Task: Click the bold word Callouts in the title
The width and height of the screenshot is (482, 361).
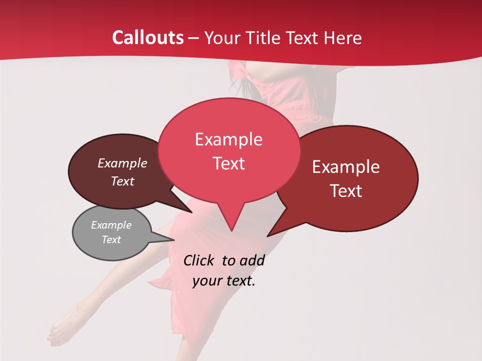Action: pos(148,38)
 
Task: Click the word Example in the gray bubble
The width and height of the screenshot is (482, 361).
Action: pos(111,225)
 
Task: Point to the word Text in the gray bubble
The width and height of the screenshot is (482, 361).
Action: pos(111,240)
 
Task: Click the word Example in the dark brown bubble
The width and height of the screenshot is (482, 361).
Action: pos(122,163)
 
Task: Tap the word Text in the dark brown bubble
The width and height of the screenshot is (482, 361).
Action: pos(122,181)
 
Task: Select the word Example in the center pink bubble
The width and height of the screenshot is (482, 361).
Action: pos(228,139)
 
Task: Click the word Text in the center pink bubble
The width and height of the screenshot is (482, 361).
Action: pos(228,163)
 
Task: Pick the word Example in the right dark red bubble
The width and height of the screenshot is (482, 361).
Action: pos(346,167)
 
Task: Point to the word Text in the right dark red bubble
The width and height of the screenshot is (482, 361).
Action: pos(346,191)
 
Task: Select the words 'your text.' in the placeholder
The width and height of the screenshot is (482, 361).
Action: pos(224,281)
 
